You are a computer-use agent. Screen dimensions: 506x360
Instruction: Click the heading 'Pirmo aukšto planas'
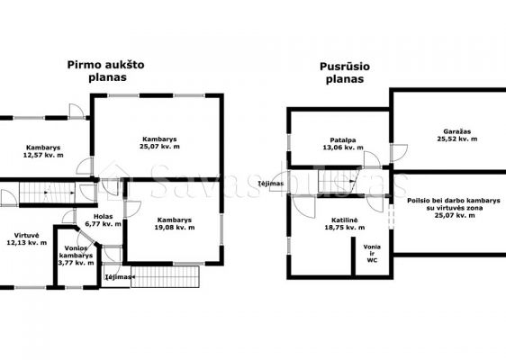click(106, 71)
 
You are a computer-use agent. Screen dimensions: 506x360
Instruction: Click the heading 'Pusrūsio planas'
click(345, 73)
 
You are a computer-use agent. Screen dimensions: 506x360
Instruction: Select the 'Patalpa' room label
click(343, 140)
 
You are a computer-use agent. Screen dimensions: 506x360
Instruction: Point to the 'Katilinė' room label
click(344, 220)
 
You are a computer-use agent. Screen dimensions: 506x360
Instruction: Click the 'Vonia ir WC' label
click(372, 254)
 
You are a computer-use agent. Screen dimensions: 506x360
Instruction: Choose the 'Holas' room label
click(104, 217)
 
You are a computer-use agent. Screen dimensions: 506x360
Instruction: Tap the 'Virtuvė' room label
click(26, 236)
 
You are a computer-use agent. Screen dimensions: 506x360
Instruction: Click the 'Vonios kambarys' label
click(76, 252)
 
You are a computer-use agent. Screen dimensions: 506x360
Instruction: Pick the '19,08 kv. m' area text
click(175, 228)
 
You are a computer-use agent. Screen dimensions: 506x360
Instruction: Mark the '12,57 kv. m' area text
click(43, 155)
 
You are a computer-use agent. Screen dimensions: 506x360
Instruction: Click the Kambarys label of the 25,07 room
click(159, 139)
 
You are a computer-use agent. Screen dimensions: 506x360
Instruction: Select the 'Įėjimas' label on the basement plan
click(271, 184)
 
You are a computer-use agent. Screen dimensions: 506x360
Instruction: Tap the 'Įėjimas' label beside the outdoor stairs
click(117, 277)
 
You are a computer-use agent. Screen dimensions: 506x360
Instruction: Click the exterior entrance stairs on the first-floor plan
click(165, 276)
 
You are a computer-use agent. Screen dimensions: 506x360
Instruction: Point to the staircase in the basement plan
click(338, 181)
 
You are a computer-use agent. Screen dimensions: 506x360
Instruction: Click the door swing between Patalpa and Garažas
click(399, 153)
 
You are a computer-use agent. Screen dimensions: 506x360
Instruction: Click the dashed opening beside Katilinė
click(391, 214)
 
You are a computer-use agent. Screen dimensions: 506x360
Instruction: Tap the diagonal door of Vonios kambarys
click(86, 238)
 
